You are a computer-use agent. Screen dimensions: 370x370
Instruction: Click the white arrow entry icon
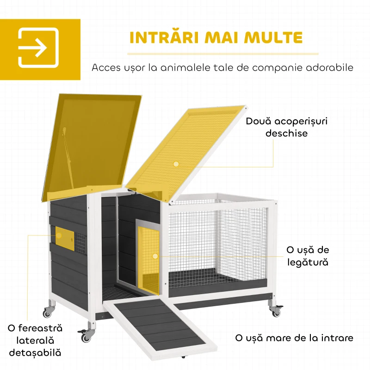tap(38, 48)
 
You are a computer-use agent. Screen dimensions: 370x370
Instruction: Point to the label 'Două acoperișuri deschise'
tap(286, 127)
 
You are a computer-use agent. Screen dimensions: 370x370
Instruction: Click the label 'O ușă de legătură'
tap(308, 256)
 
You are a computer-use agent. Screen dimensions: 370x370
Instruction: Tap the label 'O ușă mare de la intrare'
tap(294, 338)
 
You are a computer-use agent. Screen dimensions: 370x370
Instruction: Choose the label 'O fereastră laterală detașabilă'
tap(35, 340)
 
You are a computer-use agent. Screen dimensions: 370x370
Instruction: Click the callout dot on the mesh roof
tap(176, 164)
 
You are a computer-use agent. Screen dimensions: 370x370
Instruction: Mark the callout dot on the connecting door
tap(155, 256)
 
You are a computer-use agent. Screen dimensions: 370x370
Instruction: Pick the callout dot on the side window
tap(59, 235)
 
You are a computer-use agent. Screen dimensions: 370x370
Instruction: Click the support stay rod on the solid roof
tap(68, 158)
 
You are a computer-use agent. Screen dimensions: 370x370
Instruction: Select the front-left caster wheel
tap(86, 335)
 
